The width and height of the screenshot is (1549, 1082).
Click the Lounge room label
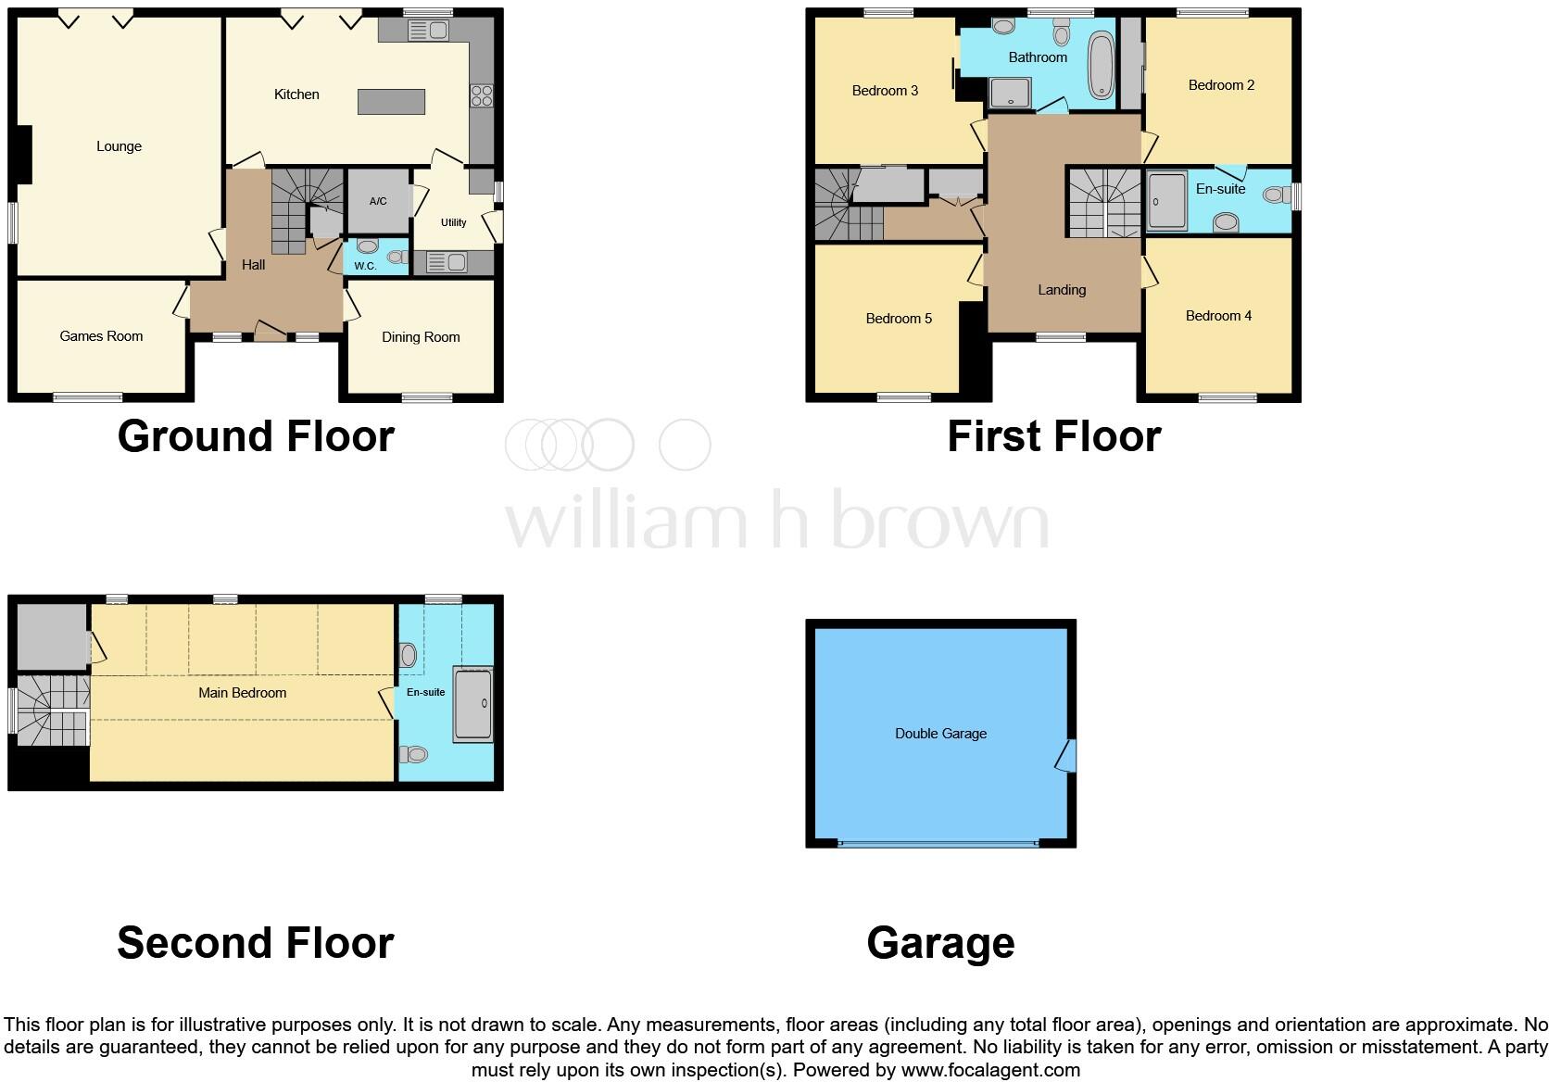point(119,146)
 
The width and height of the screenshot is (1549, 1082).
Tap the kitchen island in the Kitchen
point(391,101)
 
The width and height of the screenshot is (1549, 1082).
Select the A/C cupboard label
point(378,201)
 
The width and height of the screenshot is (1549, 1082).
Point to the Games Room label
point(101,336)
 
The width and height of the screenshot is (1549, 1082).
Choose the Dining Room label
point(421,337)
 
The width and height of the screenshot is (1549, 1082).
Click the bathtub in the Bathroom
point(1102,65)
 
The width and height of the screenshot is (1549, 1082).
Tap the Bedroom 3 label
point(885,91)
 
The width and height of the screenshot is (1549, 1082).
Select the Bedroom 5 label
point(899,319)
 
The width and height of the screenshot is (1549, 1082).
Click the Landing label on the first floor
point(1062,290)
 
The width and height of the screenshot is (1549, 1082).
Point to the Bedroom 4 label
point(1218,316)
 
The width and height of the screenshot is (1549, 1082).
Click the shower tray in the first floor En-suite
point(1166,201)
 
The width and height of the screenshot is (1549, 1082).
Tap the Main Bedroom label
point(242,693)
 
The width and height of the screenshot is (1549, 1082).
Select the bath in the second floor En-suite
point(472,703)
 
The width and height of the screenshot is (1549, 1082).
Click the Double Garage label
point(940,734)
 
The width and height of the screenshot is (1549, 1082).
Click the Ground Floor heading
point(256,436)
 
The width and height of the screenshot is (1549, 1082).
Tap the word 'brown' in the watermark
point(939,521)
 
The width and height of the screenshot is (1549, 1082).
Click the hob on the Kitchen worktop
point(482,95)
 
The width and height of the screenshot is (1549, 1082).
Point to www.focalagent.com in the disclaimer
point(989,1070)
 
